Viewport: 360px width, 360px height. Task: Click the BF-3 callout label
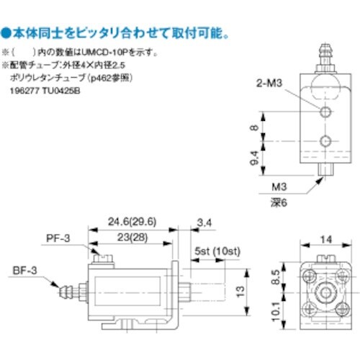click(x=24, y=271)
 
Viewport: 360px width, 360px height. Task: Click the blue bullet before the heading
click(x=6, y=33)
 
